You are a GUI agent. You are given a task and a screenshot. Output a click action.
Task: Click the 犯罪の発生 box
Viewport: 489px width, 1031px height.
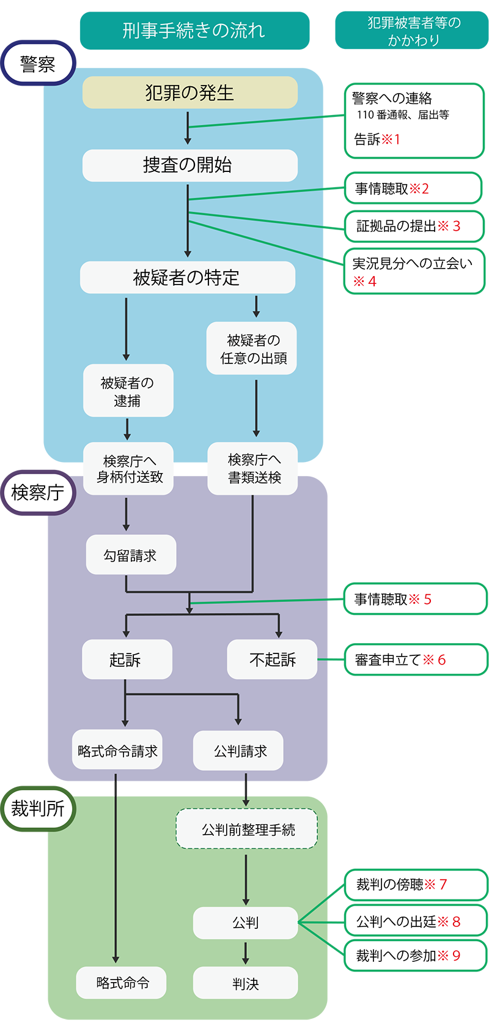coord(189,92)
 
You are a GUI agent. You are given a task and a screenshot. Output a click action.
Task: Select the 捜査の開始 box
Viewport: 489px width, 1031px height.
coord(189,165)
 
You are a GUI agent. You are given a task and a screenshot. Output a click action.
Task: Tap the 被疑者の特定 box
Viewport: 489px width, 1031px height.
coord(187,278)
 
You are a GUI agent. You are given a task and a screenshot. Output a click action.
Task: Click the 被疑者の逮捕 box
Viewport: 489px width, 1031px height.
coord(128,392)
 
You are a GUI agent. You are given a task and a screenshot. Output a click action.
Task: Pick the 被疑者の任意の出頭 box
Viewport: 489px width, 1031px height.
coord(252,349)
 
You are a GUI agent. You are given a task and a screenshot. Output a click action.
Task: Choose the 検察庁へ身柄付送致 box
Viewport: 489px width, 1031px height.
coord(129,469)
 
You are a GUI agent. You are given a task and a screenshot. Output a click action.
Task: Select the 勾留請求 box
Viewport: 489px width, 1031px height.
coord(130,555)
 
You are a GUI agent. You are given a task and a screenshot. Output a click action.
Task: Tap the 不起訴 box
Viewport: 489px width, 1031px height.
coord(272,660)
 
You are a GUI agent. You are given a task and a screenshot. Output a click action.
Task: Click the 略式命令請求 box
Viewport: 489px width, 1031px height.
coord(117,751)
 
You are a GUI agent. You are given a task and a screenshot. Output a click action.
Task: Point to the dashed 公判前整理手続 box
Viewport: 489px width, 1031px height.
coord(247,830)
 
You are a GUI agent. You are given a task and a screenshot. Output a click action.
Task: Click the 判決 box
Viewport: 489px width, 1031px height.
coord(245,983)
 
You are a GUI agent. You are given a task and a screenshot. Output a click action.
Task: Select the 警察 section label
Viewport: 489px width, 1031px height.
coord(38,64)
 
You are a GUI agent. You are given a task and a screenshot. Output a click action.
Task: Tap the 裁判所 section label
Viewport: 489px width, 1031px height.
coord(38,808)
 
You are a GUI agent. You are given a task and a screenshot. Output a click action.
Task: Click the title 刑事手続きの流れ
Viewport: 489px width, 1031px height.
coord(193,30)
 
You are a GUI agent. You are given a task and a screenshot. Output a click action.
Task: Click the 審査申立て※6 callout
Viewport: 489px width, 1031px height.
coord(415,660)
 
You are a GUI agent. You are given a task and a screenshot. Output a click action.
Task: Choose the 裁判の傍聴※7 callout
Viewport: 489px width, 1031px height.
coord(415,884)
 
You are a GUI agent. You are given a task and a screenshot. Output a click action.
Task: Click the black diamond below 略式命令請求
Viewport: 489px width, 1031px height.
coord(116,787)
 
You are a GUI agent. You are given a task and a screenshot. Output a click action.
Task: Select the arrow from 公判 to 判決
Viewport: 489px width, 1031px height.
coord(245,952)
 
